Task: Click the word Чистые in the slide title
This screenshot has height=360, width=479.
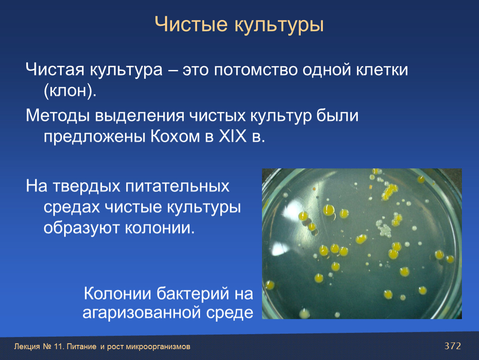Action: coord(191,25)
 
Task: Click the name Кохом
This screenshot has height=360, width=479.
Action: coord(175,137)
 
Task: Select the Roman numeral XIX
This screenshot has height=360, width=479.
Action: coord(232,136)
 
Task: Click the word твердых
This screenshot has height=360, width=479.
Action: coord(87,186)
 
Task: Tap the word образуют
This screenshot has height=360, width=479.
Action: coord(81,228)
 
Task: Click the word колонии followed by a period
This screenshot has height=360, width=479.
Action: coord(160,228)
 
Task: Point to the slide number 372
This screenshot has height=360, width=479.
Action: coord(453,346)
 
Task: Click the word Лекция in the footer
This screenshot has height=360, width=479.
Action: coord(27,347)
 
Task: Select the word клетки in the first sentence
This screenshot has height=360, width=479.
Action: coord(382,70)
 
